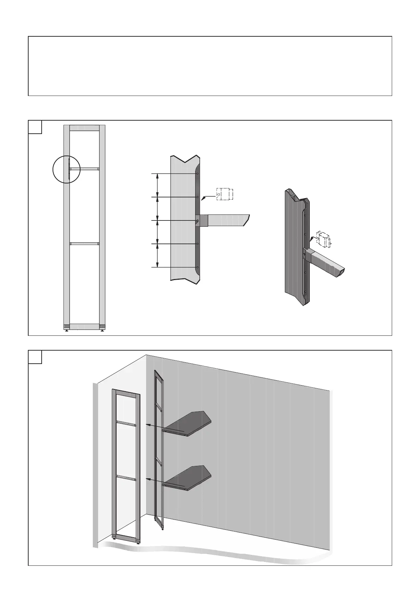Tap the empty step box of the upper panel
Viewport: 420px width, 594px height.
[35, 127]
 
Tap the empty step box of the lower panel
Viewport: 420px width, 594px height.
[35, 357]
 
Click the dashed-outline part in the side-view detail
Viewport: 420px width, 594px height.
[224, 194]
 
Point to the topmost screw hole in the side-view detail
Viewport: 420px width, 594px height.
[198, 174]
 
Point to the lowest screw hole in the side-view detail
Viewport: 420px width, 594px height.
[198, 267]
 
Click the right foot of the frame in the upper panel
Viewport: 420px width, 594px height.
[102, 330]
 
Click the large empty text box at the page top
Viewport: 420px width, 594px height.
[210, 66]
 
